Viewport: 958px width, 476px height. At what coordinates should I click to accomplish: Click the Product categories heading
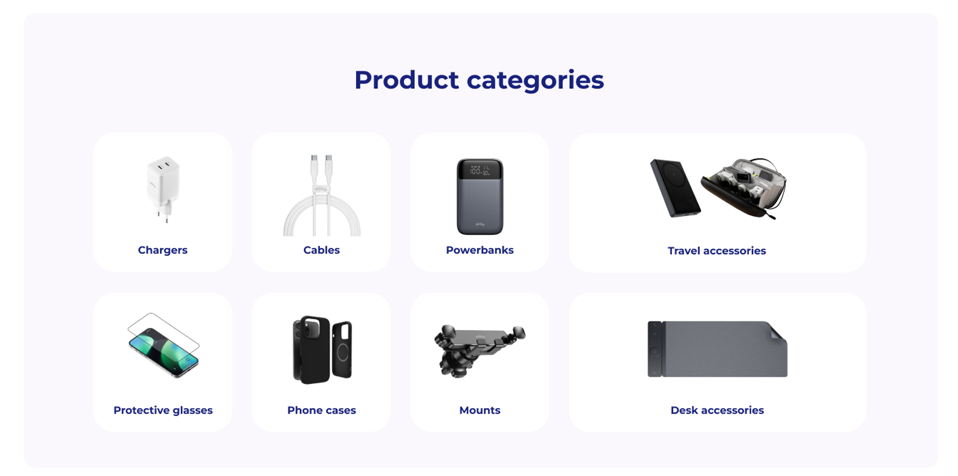point(479,80)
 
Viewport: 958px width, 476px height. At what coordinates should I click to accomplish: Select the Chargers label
point(162,250)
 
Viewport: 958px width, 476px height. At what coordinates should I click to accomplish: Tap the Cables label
point(322,250)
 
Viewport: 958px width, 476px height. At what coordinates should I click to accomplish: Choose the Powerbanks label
point(480,250)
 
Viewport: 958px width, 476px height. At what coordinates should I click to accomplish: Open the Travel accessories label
point(717,251)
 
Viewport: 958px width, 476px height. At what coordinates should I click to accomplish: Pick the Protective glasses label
point(163,410)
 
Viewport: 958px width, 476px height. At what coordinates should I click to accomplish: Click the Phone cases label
point(322,410)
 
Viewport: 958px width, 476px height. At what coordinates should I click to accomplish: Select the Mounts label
point(480,410)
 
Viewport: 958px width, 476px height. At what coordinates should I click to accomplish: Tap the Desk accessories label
point(717,410)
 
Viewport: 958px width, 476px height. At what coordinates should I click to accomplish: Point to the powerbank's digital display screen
point(480,170)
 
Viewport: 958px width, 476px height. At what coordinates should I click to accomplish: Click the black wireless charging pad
point(674,188)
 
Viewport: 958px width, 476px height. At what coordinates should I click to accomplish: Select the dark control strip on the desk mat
point(655,349)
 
